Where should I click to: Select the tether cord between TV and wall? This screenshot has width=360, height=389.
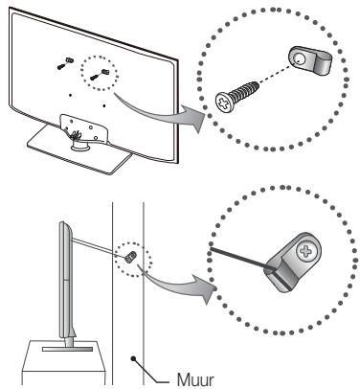coord(96,242)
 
